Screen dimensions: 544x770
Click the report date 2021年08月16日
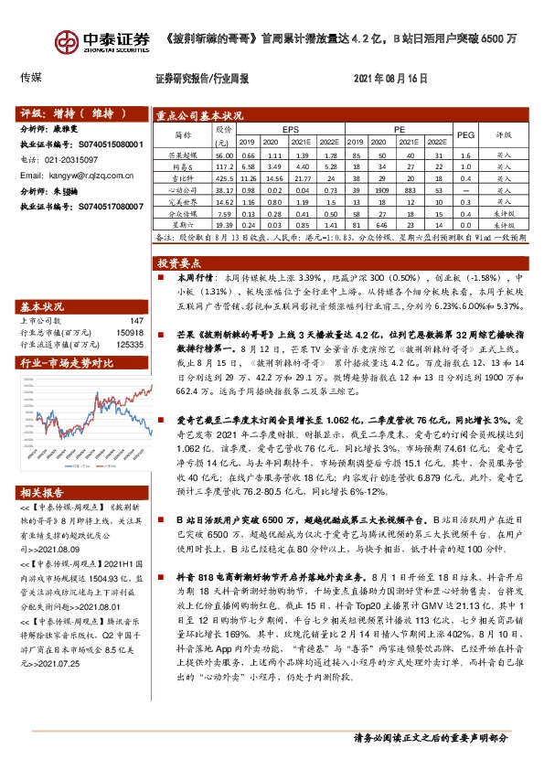pos(389,79)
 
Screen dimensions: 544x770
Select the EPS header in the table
pos(290,130)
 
